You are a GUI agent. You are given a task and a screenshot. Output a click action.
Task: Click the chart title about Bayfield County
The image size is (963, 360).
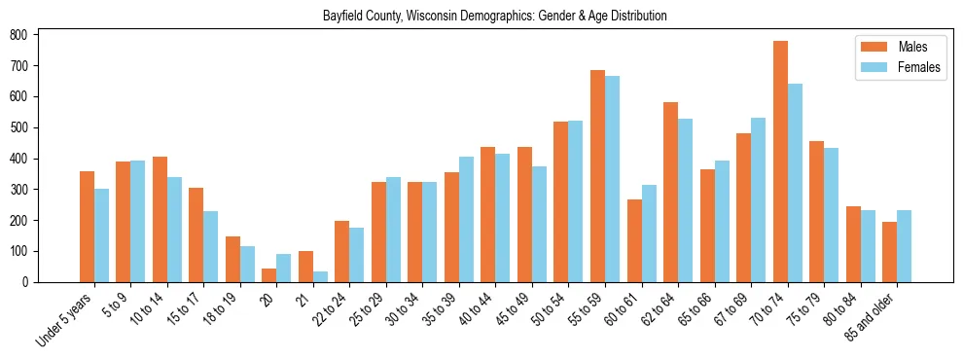(494, 16)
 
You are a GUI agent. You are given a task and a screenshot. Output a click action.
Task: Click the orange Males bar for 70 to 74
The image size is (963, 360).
(780, 162)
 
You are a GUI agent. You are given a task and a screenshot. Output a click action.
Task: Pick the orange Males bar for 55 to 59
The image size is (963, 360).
(597, 176)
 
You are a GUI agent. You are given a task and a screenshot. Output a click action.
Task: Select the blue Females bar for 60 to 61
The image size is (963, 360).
(649, 234)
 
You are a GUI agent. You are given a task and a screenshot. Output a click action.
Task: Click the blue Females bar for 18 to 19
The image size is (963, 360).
(247, 264)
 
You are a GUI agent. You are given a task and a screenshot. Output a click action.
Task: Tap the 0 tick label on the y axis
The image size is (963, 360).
(30, 282)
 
